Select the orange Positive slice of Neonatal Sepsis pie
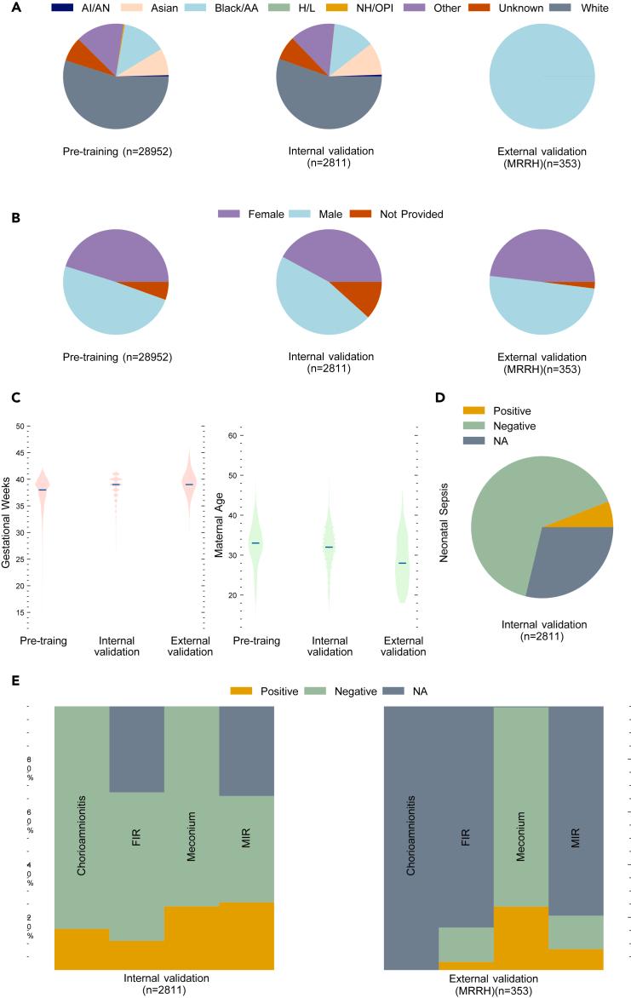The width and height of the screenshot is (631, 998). coord(598,516)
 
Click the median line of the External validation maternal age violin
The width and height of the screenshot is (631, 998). coord(402,563)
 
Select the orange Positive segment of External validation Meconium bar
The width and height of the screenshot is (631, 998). coord(520,937)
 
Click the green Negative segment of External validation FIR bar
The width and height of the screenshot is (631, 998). coord(466,944)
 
